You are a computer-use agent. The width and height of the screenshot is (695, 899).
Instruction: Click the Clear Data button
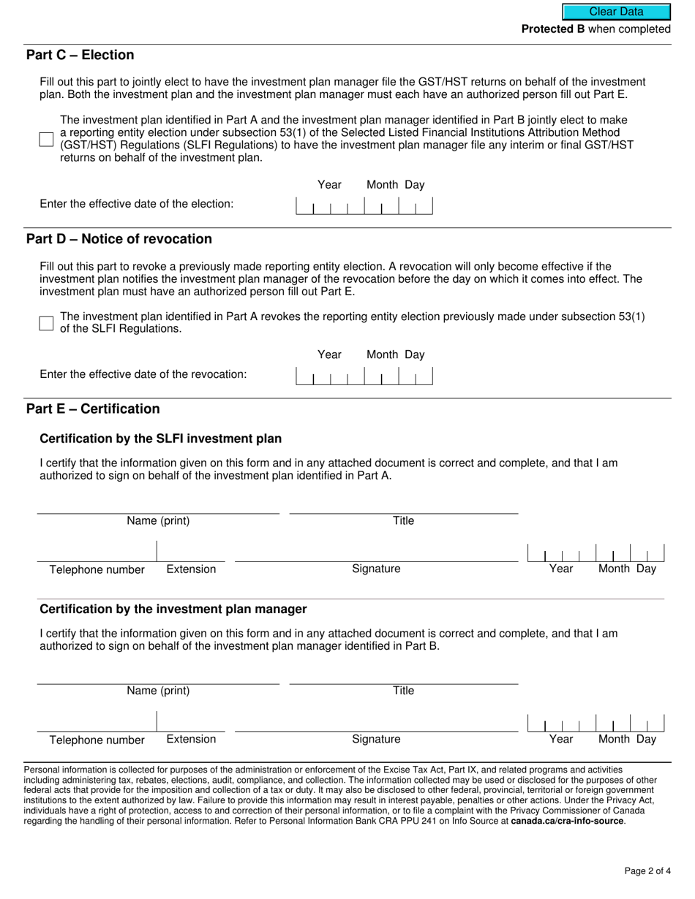pos(616,12)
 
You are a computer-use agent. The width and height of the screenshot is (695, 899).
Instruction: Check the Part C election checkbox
pos(46,140)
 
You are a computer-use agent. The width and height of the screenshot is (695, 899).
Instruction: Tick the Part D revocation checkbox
pos(46,323)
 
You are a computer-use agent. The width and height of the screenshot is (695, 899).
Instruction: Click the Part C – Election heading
pos(80,56)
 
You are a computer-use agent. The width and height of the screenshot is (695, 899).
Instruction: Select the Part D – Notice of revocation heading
pos(119,240)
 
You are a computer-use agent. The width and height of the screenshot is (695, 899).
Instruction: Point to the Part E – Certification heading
pos(92,409)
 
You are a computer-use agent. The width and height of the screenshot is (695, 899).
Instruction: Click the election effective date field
pos(364,206)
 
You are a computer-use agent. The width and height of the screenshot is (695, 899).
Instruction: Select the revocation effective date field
pos(364,376)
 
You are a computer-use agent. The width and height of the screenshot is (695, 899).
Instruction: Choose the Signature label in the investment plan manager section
pos(376,739)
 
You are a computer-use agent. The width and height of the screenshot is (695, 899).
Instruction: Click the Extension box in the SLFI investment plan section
pos(191,552)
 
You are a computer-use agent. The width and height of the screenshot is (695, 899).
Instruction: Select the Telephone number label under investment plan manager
pos(97,740)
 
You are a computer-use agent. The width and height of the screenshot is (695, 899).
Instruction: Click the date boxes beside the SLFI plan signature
pos(596,553)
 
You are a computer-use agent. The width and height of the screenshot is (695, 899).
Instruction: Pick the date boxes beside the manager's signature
pos(596,724)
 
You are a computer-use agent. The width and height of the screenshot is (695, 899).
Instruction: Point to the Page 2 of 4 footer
pos(647,870)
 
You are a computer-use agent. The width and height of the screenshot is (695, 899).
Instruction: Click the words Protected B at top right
pos(552,29)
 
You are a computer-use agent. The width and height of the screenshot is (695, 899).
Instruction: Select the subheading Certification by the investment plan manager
pos(173,610)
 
